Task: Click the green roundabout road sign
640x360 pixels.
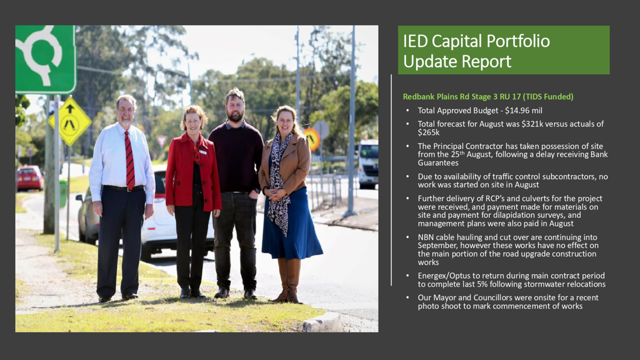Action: (46, 60)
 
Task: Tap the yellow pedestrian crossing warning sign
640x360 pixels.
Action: (70, 121)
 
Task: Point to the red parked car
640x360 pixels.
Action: (30, 178)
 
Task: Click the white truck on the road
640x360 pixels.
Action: (368, 164)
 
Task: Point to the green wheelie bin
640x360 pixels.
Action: (63, 193)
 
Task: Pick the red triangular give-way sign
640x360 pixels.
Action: (162, 141)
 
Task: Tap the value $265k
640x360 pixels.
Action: (429, 133)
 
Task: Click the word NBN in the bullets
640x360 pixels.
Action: (425, 237)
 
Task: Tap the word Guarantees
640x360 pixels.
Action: (438, 163)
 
